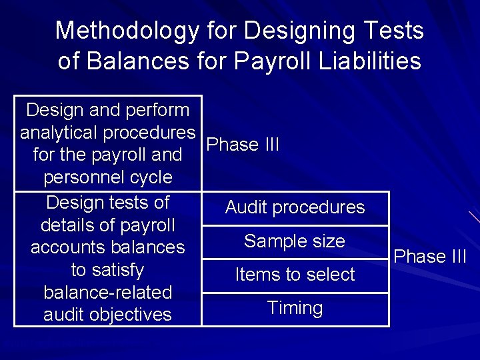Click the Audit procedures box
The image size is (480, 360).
point(295,207)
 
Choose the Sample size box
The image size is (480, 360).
point(295,241)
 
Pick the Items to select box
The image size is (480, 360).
point(295,274)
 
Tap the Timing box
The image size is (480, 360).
point(295,308)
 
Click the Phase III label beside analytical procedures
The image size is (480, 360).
point(243,145)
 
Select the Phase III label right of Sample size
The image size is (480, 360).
point(430,257)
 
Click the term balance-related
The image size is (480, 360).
point(107,293)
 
